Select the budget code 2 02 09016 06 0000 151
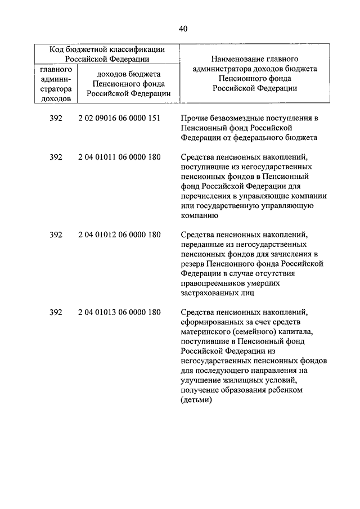[x=120, y=118]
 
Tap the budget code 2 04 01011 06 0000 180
[x=120, y=157]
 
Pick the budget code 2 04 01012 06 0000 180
[x=120, y=235]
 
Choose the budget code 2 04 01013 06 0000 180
[x=120, y=313]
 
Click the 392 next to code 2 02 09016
[x=55, y=118]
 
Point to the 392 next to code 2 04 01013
[x=55, y=313]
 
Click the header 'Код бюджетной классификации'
[x=106, y=49]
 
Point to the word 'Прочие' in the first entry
[x=194, y=118]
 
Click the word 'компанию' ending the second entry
[x=199, y=215]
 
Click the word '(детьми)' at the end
[x=196, y=400]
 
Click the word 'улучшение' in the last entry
[x=200, y=381]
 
